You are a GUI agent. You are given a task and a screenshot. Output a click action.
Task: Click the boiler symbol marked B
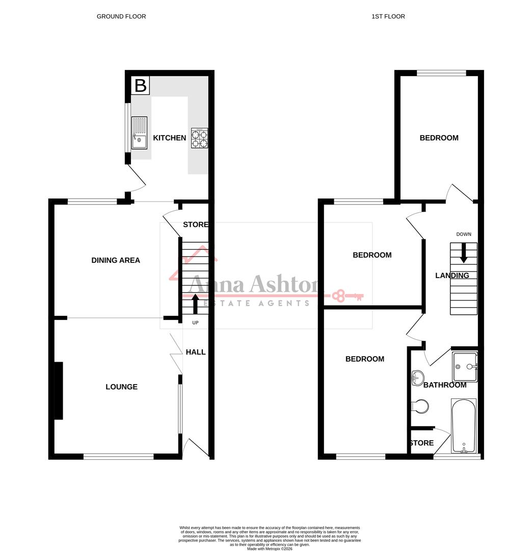point(140,85)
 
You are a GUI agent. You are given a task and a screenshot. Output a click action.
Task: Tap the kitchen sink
point(139,133)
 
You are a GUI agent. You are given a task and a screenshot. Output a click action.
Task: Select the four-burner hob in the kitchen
point(199,138)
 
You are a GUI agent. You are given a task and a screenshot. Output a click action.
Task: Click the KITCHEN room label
point(170,138)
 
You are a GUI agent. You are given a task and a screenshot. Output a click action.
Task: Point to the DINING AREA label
point(116,260)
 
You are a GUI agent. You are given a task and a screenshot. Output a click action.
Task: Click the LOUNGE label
point(121,387)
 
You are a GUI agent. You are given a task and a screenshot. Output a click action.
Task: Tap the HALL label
point(196,352)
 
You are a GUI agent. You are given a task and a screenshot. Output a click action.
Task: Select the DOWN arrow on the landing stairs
point(463,253)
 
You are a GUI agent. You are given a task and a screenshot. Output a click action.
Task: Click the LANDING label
point(452,275)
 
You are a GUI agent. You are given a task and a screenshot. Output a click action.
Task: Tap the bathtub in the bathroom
point(463,426)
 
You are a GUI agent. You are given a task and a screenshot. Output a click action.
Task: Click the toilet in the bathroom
point(420,407)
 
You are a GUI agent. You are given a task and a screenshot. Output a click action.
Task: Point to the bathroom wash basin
point(417,378)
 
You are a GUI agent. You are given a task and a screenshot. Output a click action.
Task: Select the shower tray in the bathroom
point(464,366)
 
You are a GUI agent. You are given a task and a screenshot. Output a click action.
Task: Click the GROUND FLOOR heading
point(121,16)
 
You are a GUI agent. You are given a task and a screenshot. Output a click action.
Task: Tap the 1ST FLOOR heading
point(388,16)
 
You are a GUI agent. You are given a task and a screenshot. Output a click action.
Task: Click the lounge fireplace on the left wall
point(58,390)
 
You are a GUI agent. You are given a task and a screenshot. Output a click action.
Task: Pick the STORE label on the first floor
point(421,443)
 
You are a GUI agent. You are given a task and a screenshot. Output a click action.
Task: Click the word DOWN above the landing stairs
point(464,234)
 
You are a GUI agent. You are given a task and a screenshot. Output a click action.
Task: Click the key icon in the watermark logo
point(348,295)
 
